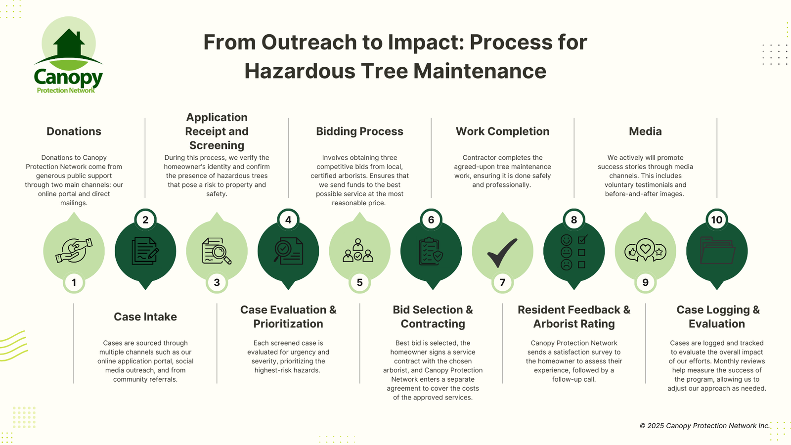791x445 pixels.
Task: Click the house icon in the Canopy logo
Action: pos(69,44)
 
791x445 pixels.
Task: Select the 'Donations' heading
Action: pos(74,132)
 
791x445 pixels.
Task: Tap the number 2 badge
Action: pos(145,220)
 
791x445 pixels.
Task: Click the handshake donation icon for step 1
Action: pos(74,251)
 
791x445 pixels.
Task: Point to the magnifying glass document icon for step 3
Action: pos(217,251)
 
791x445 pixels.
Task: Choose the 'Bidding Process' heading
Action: pos(359,132)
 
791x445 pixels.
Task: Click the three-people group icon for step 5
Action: pos(358,251)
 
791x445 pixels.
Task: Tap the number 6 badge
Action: pos(431,220)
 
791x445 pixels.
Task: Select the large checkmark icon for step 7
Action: pos(502,252)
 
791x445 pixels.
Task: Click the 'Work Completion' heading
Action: pos(502,132)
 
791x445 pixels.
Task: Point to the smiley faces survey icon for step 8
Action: pos(573,252)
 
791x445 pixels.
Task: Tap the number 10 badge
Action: pos(717,220)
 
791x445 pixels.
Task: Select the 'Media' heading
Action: pos(645,132)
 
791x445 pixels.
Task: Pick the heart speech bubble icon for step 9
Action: pos(645,250)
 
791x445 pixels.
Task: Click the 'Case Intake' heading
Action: pos(145,317)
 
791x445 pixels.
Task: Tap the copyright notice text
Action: pos(704,426)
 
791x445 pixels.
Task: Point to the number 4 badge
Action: pos(288,220)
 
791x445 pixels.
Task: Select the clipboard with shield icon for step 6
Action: pos(431,251)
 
